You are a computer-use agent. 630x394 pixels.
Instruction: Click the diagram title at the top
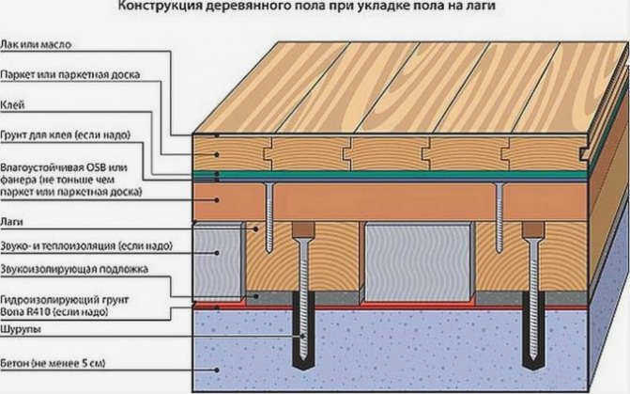pos(306,6)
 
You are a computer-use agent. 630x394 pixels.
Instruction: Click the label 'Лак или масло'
pos(36,44)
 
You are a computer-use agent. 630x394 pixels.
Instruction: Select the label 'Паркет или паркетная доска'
pos(69,75)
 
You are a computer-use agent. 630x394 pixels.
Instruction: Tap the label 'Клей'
pos(12,105)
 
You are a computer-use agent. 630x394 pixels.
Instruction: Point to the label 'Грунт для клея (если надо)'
pos(65,134)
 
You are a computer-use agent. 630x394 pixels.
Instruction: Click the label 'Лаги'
pos(11,222)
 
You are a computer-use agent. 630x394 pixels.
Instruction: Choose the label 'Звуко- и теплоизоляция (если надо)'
pos(86,245)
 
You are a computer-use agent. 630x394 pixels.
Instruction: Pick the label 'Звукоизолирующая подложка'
pos(74,269)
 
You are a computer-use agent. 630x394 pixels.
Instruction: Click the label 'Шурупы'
pos(21,329)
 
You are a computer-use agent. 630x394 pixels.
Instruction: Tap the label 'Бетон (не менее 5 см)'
pos(53,363)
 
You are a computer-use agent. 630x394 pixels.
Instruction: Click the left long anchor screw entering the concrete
pos(304,298)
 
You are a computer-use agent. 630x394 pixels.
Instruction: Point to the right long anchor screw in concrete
pos(533,298)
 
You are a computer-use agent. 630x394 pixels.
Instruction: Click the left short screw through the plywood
pos(269,217)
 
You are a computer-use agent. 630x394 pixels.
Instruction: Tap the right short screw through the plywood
pos(499,217)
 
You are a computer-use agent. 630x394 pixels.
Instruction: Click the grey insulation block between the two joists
pos(418,262)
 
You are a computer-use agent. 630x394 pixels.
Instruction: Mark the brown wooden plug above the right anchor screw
pos(533,229)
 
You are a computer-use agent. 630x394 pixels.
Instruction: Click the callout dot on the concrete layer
pos(217,370)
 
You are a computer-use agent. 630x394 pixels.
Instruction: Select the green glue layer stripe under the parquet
pos(390,174)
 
